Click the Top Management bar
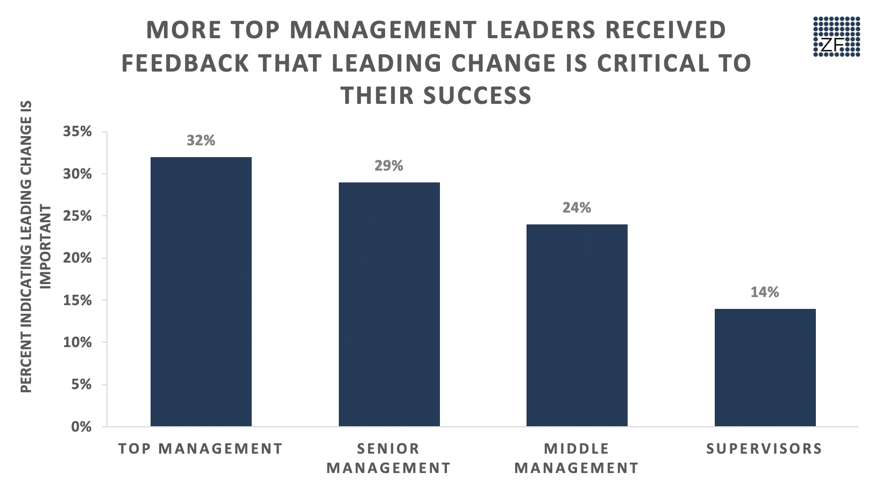click(x=201, y=292)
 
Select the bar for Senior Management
click(x=389, y=304)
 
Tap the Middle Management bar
click(x=577, y=325)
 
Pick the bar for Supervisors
click(x=765, y=368)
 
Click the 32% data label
click(x=201, y=140)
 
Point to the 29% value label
click(x=389, y=166)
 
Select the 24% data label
click(x=577, y=208)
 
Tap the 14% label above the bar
click(x=765, y=292)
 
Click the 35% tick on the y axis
click(x=77, y=132)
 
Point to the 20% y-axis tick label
click(x=77, y=258)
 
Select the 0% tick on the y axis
click(x=81, y=427)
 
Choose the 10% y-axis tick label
click(x=77, y=343)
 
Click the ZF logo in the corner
click(x=836, y=36)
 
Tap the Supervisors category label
click(x=764, y=449)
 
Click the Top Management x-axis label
click(x=201, y=449)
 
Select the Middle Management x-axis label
click(x=577, y=458)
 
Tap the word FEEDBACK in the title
click(x=185, y=63)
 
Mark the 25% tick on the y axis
click(x=77, y=216)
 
